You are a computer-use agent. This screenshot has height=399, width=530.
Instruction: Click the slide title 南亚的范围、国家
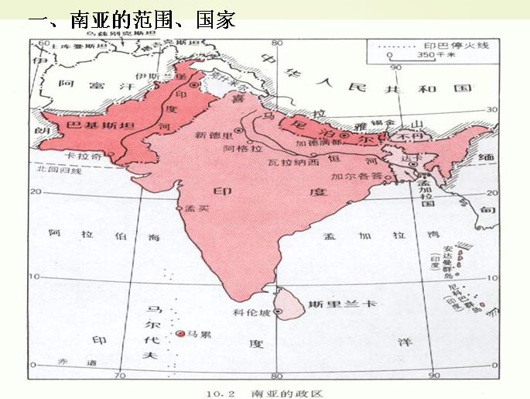click(132, 19)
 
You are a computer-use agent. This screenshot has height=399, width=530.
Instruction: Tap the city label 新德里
click(213, 135)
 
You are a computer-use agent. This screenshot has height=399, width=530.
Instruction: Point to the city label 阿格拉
click(237, 147)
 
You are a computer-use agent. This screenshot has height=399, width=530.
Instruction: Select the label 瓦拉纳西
click(292, 163)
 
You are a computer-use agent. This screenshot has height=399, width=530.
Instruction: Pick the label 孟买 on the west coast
click(200, 208)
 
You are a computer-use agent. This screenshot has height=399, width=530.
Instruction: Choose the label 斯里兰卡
click(341, 304)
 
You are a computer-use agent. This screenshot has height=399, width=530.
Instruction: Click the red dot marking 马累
click(180, 334)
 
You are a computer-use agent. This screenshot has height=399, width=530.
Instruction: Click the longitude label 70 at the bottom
click(120, 376)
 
